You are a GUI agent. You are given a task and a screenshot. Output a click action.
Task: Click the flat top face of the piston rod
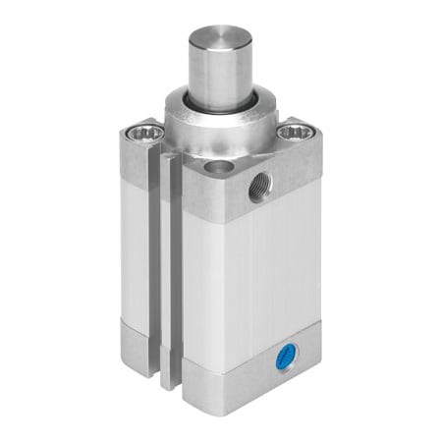220,37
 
